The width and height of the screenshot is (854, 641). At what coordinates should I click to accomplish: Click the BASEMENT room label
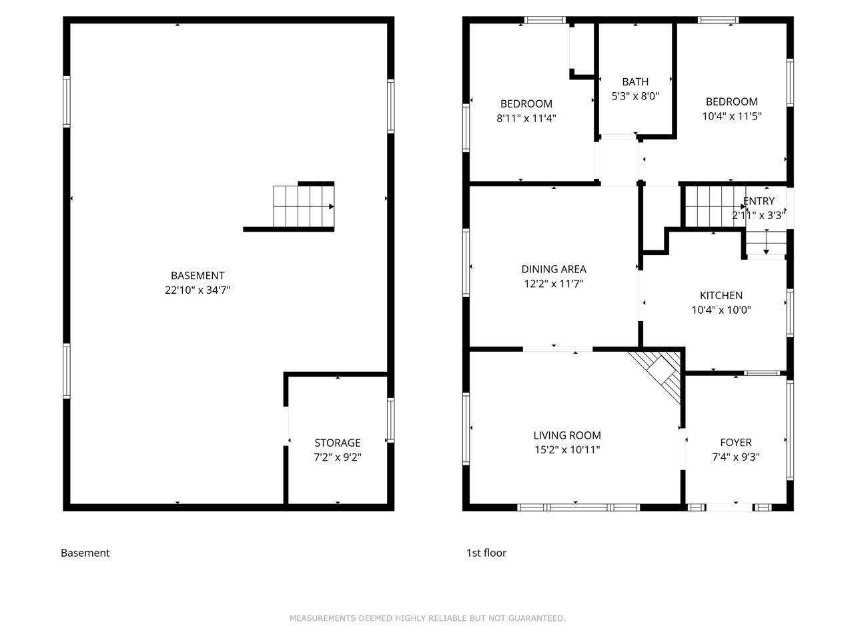tap(197, 275)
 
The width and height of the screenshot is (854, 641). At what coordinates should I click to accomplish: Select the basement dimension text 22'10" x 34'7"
tap(197, 290)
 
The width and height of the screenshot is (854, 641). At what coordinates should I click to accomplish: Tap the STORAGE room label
tap(338, 443)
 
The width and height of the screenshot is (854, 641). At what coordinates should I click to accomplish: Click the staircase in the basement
tap(303, 206)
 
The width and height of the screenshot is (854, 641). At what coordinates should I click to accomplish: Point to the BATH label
tap(635, 81)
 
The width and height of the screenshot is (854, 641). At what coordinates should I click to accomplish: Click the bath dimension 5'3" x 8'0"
tap(635, 96)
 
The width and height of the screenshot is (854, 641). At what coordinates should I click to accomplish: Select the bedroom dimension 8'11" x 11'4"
tap(526, 118)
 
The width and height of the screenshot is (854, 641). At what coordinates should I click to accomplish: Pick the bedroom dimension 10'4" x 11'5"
tap(732, 116)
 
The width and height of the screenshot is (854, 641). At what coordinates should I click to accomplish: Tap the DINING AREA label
tap(554, 269)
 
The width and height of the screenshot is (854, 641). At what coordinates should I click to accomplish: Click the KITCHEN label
tap(721, 295)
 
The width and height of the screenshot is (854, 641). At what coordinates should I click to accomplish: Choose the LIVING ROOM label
tap(567, 435)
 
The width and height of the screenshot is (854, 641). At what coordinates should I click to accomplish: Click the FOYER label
tap(736, 442)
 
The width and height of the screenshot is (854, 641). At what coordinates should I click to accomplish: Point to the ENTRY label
tap(759, 201)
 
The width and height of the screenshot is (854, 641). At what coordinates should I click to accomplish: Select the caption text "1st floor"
tap(486, 553)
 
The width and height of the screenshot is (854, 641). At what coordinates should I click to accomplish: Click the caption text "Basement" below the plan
tap(85, 553)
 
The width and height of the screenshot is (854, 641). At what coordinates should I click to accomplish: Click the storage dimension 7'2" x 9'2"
tap(338, 457)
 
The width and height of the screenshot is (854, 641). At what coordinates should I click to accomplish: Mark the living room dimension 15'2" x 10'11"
tap(567, 450)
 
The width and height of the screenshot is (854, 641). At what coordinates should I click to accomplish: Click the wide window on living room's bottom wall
tap(578, 507)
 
